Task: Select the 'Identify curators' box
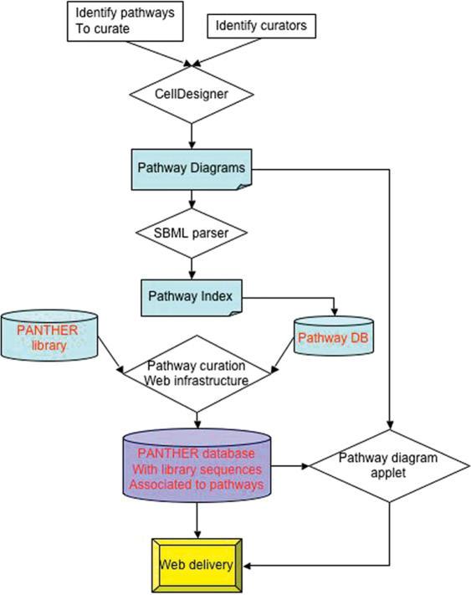point(261,26)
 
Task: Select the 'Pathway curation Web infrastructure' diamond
point(197,373)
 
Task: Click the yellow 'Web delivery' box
point(197,566)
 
